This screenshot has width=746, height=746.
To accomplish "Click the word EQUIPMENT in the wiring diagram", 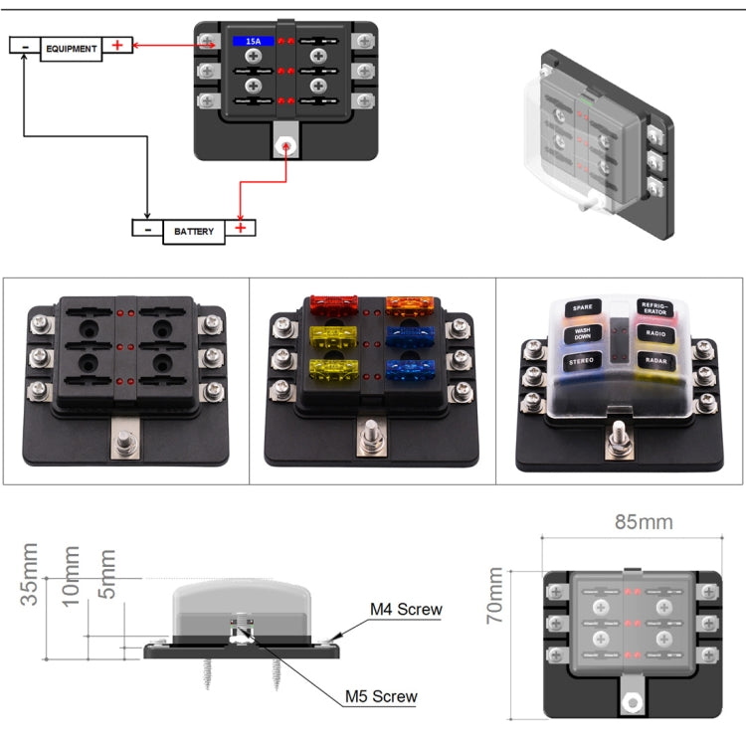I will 72,48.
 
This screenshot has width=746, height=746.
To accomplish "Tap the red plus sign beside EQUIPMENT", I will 117,45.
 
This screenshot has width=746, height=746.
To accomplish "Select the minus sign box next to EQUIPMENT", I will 25,45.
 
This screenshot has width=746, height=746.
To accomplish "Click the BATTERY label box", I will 194,231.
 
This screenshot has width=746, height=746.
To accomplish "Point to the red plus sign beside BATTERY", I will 240,228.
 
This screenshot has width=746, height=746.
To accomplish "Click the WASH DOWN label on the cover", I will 582,335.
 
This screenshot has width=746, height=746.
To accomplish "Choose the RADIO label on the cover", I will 653,335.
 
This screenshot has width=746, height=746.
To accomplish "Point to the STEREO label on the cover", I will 581,363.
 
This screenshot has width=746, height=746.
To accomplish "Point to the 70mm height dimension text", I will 495,596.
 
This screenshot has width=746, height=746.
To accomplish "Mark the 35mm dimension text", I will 31,574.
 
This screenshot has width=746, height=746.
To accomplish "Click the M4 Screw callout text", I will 406,610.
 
